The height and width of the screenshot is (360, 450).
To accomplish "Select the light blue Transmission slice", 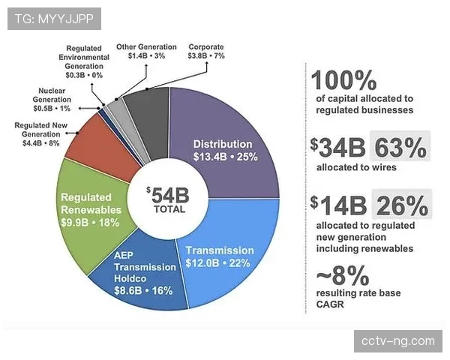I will coord(225,255).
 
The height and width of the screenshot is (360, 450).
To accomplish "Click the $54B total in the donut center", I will coord(168,199).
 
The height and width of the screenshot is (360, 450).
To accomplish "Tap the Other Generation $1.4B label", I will coord(145,51).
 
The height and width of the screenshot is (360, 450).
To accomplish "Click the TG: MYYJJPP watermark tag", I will coord(54,17).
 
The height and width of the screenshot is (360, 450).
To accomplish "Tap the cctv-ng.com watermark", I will coord(397,341).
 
